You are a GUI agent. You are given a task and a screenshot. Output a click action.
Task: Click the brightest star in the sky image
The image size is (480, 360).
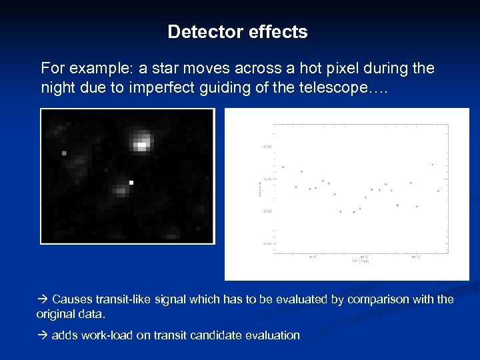[x=141, y=142]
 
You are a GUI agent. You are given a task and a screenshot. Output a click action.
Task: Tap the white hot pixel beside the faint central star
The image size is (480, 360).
[x=131, y=182]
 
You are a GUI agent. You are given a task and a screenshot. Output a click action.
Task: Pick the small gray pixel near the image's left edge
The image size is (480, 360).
[x=64, y=153]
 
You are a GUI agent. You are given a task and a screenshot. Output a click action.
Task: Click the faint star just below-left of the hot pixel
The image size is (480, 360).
[x=121, y=191]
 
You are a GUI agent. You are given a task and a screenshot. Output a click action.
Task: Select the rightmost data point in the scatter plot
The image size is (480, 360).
[x=438, y=191]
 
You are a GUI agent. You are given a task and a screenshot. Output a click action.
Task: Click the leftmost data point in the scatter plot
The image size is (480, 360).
[x=283, y=167]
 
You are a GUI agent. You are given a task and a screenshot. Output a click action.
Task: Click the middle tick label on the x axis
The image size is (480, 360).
[x=364, y=255]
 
